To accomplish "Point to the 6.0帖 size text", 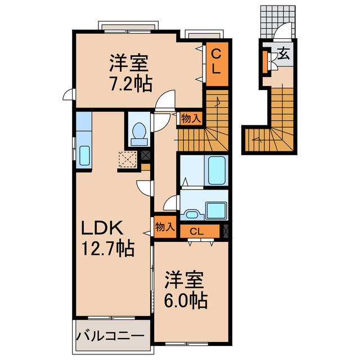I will pos(186,299).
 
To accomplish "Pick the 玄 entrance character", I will pos(284,55).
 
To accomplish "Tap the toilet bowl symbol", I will pos(138,130).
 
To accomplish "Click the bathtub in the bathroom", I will pos(217,170).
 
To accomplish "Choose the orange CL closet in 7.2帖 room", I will pos(215,62).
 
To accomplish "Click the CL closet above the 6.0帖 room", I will pos(196,231).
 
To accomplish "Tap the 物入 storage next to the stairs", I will pos(191,118).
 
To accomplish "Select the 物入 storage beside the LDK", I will pos(164,228).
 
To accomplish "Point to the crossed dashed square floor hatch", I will pos(128,160).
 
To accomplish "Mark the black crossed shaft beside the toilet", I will pos(146,156).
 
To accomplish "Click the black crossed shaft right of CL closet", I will pos(226,230).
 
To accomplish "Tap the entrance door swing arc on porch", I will pos(285,31).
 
